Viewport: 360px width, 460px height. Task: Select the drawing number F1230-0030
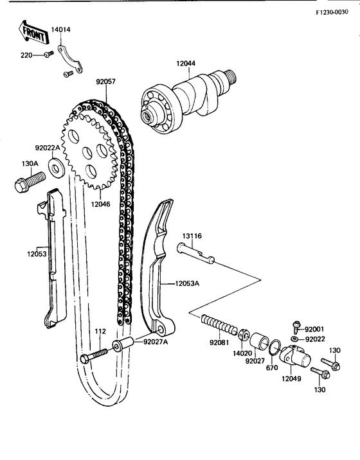(x=335, y=12)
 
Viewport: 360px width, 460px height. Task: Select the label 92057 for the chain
(x=105, y=82)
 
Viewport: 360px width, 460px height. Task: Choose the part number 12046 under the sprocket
(x=101, y=204)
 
